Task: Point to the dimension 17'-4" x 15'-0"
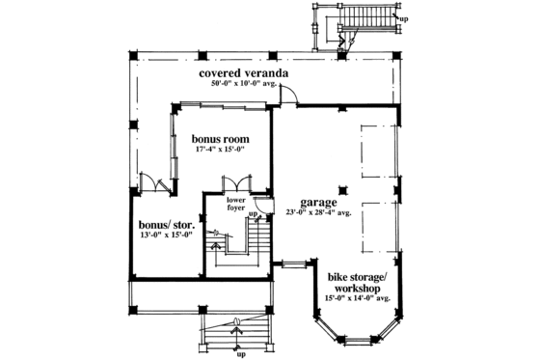click(220, 149)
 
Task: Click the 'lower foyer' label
click(238, 205)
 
